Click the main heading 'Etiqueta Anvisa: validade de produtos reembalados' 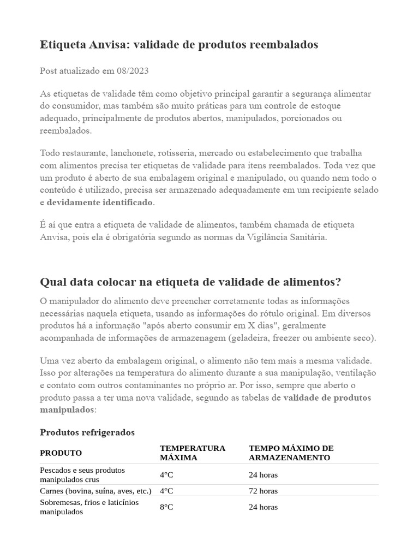(179, 45)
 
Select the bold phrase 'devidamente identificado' (100, 203)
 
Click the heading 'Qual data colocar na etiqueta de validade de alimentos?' (190, 282)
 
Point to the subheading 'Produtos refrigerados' (87, 432)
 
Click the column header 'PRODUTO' (61, 453)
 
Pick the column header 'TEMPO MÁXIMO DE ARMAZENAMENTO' (291, 453)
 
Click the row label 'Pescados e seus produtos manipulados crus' (82, 474)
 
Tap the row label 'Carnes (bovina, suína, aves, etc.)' (95, 491)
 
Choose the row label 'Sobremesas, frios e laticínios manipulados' (89, 507)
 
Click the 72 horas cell (263, 491)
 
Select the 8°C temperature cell (166, 507)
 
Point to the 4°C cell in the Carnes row (166, 491)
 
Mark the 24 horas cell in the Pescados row (263, 475)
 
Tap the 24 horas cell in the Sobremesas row (263, 507)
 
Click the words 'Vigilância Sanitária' (286, 237)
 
